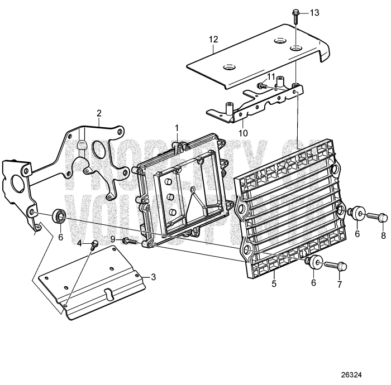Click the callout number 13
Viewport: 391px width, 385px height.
[x=314, y=12]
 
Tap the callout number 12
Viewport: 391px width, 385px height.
[x=213, y=39]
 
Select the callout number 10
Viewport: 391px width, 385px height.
[x=243, y=133]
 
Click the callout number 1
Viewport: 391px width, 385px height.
[x=177, y=128]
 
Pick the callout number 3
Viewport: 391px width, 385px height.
[x=153, y=277]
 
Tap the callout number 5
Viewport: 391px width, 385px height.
[x=274, y=283]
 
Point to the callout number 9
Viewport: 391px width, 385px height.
[x=112, y=239]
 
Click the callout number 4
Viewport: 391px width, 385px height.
[x=79, y=243]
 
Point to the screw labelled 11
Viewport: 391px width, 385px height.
[x=263, y=85]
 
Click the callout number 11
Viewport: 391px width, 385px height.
[x=271, y=76]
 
